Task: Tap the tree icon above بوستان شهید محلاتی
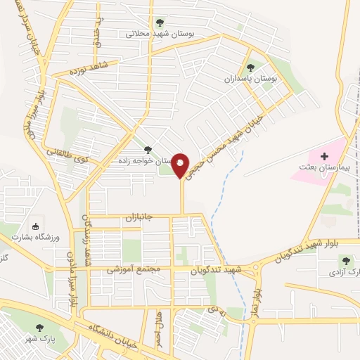161,22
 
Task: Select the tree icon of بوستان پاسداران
250,68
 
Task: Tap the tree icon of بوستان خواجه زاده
148,150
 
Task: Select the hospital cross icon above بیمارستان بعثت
324,156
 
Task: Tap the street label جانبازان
145,217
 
